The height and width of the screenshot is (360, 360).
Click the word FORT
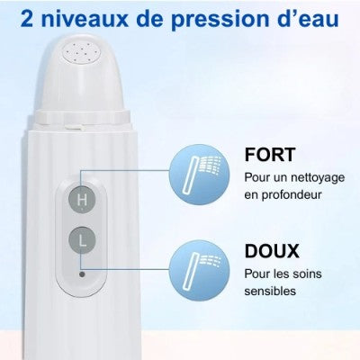coord(270,155)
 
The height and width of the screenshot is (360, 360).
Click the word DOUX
coord(272,251)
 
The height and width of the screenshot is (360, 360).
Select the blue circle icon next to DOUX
coord(199,270)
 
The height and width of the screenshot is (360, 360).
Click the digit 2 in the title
coord(28,18)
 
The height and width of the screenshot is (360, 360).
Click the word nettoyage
coord(318,178)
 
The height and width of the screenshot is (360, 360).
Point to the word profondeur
coord(292,195)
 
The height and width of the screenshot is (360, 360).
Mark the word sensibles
coord(270,291)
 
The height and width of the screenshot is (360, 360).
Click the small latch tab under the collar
coord(74,127)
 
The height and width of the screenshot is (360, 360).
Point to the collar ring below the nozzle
coord(83,117)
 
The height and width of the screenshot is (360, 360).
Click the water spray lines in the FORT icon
coord(211,165)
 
